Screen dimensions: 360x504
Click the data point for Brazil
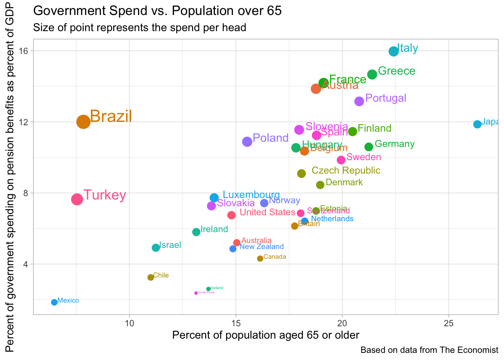click(83, 121)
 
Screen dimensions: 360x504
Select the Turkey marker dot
click(77, 199)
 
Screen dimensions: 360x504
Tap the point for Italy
click(393, 51)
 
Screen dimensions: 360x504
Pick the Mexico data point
click(54, 302)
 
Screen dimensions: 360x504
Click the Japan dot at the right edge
click(477, 124)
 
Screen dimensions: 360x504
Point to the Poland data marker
click(247, 142)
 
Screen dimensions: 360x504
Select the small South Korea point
click(196, 293)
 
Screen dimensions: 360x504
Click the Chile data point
click(151, 277)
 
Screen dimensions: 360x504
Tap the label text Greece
click(396, 71)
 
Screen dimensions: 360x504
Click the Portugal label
click(385, 98)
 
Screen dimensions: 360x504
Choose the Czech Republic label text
click(346, 171)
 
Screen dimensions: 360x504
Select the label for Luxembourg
click(251, 195)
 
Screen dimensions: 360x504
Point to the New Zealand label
click(261, 247)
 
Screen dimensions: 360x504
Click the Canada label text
click(274, 257)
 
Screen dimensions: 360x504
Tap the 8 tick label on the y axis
click(26, 193)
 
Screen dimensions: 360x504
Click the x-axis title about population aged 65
click(265, 335)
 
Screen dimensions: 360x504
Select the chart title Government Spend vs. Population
click(157, 10)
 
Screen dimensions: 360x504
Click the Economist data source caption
click(429, 350)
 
